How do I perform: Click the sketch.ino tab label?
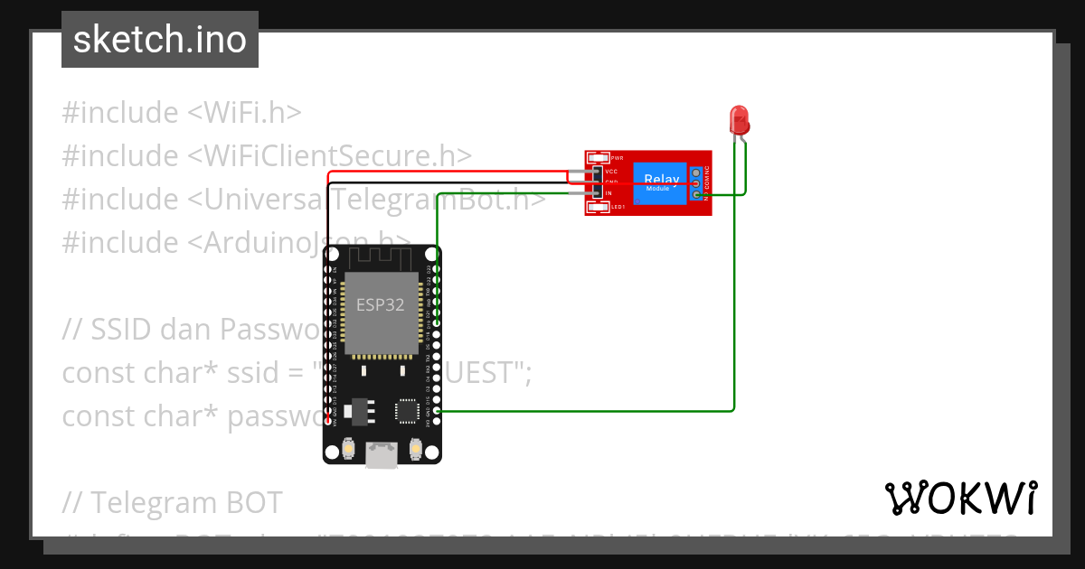pyautogui.click(x=159, y=40)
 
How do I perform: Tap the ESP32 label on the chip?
pyautogui.click(x=380, y=304)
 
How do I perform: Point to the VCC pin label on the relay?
pyautogui.click(x=611, y=171)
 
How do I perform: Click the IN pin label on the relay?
pyautogui.click(x=609, y=193)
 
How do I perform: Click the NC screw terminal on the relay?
pyautogui.click(x=696, y=172)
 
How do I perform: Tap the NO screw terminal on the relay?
pyautogui.click(x=696, y=194)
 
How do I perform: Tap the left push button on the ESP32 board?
pyautogui.click(x=348, y=448)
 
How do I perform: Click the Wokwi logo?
pyautogui.click(x=960, y=498)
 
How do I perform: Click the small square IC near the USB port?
pyautogui.click(x=407, y=411)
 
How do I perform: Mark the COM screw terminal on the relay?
pyautogui.click(x=696, y=182)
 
